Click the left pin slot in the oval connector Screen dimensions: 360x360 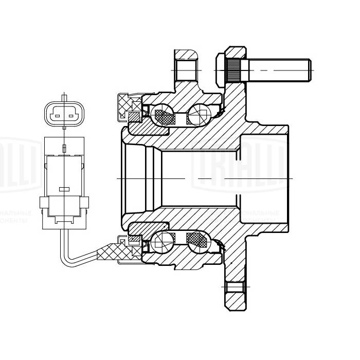tap(57, 116)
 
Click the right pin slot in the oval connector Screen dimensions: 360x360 tap(71, 116)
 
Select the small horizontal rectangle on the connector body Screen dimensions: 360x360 tap(64, 189)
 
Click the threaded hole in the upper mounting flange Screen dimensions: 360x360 tap(185, 70)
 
